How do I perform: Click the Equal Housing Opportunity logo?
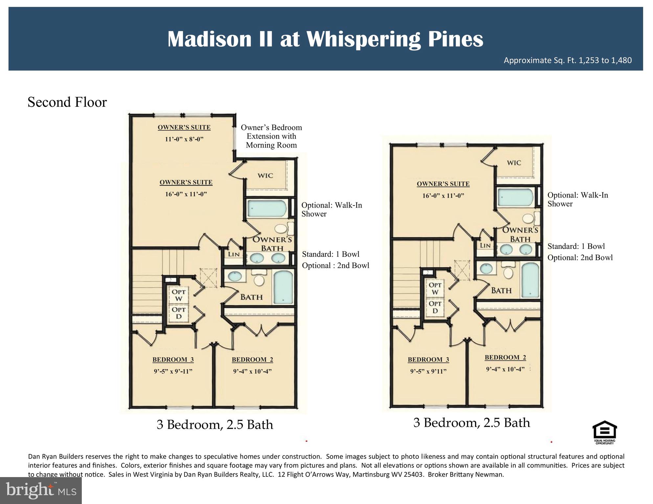pos(604,432)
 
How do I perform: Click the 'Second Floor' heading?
pos(67,102)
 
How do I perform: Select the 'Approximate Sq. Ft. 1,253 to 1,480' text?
pos(568,60)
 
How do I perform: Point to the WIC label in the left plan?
pos(265,175)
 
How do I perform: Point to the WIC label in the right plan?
pos(514,163)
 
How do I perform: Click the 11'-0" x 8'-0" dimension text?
pos(184,139)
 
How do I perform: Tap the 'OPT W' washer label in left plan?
pos(179,295)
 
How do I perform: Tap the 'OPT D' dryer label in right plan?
pos(435,307)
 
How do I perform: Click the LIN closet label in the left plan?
pos(234,254)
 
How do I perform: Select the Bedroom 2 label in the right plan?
pos(505,358)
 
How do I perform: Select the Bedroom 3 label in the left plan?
pos(173,360)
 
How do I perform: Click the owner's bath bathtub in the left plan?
pos(266,208)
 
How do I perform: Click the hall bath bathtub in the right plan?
pos(530,280)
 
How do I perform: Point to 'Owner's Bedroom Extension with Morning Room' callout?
pos(271,136)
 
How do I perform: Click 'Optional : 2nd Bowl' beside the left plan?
pos(335,265)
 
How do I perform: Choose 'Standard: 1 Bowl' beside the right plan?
pos(576,246)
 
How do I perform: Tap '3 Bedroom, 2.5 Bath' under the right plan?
pos(471,423)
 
